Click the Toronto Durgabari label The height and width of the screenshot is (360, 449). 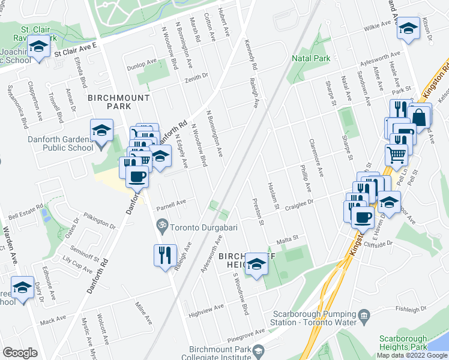(x=200, y=227)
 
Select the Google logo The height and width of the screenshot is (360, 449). (x=20, y=353)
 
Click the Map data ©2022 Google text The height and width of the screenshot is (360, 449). (x=411, y=355)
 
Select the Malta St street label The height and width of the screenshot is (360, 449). (x=287, y=240)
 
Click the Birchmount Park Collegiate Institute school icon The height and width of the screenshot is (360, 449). (x=258, y=350)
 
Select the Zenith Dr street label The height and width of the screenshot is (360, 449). (x=196, y=76)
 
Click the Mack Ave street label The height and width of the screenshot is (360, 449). (x=53, y=321)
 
